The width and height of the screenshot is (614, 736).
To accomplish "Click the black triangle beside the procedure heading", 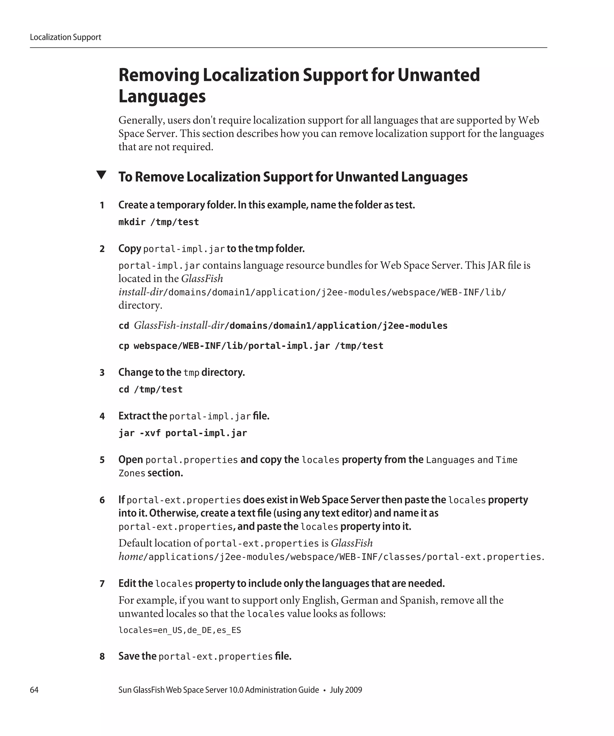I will click(101, 175).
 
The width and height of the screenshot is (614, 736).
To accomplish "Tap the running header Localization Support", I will click(65, 37).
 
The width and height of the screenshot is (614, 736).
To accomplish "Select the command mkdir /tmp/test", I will click(159, 222).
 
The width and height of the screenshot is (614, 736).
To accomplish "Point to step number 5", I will click(102, 460).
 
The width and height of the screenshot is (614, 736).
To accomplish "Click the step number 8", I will click(102, 656).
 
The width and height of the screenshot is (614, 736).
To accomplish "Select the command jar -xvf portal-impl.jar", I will click(183, 433).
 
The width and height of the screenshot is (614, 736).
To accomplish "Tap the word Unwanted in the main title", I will click(438, 75).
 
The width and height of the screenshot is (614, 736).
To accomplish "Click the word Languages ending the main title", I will click(162, 96).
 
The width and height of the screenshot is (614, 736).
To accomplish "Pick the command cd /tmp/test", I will click(151, 389).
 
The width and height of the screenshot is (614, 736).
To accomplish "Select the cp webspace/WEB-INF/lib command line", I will click(251, 346).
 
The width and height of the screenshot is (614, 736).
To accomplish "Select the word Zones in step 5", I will click(132, 473).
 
